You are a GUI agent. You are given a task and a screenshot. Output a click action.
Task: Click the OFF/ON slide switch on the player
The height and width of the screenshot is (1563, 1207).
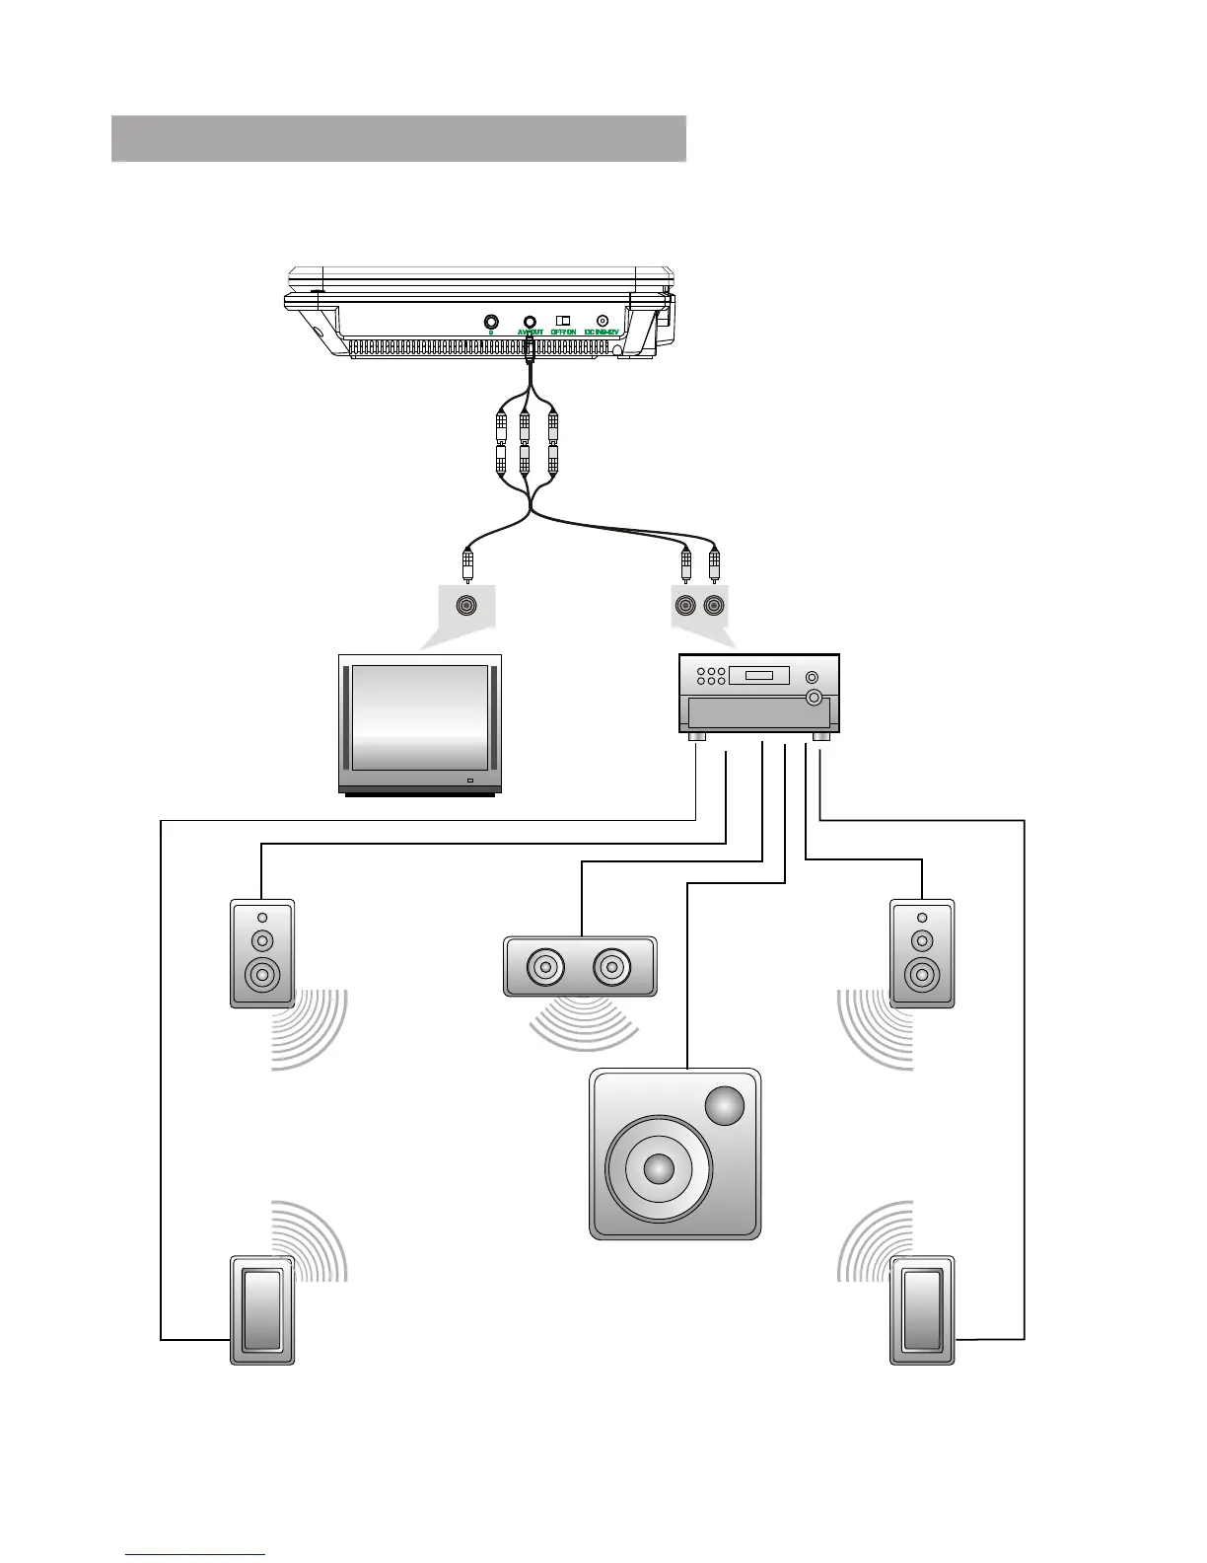pos(563,320)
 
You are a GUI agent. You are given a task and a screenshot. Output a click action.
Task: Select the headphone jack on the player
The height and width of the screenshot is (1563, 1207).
pos(491,321)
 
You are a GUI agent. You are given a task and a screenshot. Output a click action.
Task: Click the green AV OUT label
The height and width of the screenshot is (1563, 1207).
pos(530,333)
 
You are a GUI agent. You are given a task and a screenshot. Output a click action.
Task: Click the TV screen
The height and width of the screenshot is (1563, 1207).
pos(420,717)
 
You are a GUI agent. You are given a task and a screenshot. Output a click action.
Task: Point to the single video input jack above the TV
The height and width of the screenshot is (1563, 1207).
pos(465,605)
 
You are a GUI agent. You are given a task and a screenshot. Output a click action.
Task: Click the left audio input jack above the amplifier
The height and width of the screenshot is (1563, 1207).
pos(685,605)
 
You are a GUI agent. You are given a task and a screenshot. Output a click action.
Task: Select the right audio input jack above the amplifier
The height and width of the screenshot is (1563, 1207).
pos(714,605)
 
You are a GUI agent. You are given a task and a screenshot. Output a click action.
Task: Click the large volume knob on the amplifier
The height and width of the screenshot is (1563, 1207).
pos(814,699)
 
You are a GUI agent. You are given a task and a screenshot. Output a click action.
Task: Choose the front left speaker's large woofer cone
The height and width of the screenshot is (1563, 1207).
pos(262,976)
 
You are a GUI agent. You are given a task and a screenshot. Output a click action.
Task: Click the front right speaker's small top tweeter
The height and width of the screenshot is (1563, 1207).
pos(922,919)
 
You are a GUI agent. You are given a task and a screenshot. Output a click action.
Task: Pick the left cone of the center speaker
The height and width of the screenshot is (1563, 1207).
pos(544,967)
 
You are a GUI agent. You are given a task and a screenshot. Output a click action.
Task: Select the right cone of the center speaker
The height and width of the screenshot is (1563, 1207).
pos(611,967)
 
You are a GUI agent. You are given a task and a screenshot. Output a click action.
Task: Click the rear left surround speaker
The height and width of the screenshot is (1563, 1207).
pos(262,1310)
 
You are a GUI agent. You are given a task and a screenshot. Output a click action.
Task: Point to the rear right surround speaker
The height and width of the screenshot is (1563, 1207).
pos(922,1310)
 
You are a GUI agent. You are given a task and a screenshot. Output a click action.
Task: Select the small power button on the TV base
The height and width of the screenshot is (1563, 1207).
pos(469,782)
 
